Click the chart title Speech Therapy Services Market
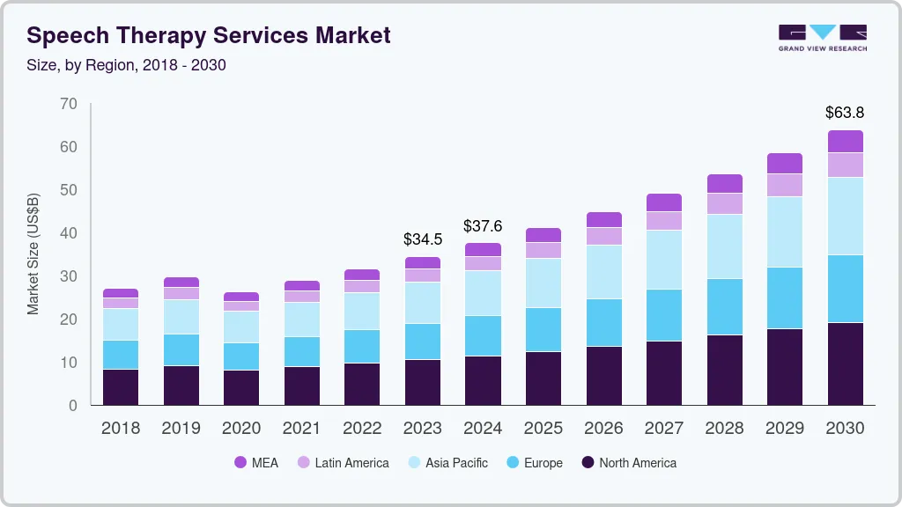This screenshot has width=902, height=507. pos(209,35)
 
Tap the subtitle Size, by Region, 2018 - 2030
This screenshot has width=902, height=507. pos(127,65)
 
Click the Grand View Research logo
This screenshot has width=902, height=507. pos(822,38)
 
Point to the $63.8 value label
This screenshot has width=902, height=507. pos(845,113)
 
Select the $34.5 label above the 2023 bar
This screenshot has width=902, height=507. pos(423,239)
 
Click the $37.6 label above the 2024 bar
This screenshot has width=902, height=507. pos(483,226)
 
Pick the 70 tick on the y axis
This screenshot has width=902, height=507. pos(69,104)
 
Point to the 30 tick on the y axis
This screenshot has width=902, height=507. pos(69,276)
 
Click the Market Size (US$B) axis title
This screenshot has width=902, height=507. pos(33,253)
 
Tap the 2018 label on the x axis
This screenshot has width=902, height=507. pos(121,429)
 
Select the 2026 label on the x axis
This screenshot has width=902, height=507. pos(603,429)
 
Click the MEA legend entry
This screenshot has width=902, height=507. pos(255,463)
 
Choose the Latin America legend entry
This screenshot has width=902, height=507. pos(343,463)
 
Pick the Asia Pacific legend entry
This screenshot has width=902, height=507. pos(447,463)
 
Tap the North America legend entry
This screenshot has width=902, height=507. pos(628,463)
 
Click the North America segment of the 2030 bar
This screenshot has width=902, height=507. pos(845,364)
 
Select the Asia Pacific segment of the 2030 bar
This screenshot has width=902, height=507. pos(845,217)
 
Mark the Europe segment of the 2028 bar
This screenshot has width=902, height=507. pos(724,307)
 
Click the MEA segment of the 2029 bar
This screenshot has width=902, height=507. pos(785,164)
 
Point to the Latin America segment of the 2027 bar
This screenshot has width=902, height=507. pos(664,221)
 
